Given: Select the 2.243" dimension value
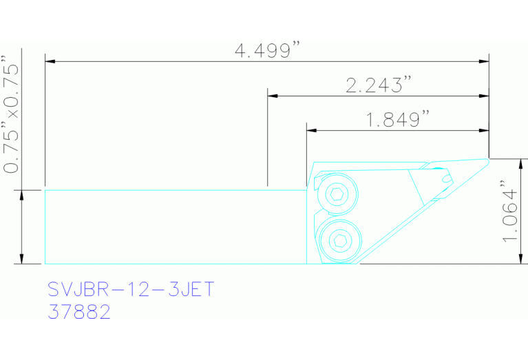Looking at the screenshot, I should (x=378, y=85).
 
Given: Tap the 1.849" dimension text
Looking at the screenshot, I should (x=397, y=120).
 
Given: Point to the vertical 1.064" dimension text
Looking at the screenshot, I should (x=510, y=211).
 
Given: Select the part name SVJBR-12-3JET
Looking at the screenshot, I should (x=131, y=289).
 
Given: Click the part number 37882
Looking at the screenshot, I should (x=79, y=312).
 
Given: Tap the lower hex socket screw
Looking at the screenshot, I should (x=338, y=240).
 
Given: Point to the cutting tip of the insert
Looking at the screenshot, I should (x=487, y=160).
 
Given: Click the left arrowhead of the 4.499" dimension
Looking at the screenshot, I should (x=50, y=62).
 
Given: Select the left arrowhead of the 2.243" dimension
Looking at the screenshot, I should (x=272, y=95).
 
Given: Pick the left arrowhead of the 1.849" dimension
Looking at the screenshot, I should (x=311, y=129).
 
